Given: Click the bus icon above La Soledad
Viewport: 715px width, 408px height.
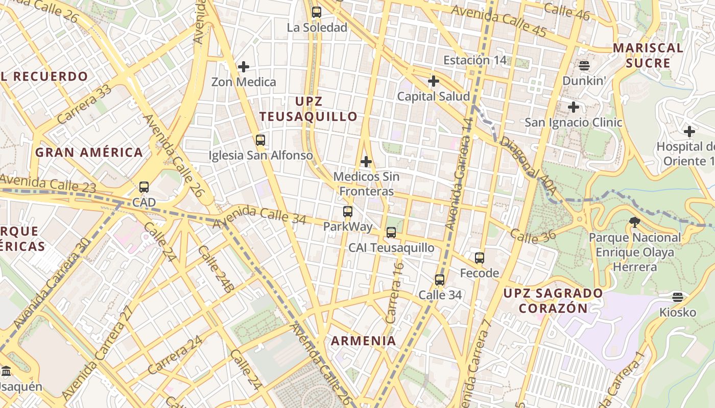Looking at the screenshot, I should click(317, 12).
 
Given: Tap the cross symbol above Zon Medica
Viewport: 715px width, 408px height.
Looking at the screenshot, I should click(244, 66).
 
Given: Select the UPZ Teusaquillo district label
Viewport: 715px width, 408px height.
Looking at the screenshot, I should click(308, 109).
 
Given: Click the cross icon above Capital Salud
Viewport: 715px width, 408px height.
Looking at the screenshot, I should click(434, 81).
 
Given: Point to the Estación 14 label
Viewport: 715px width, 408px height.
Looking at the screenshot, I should click(474, 60).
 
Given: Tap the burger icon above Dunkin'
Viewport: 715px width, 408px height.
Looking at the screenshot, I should click(584, 65).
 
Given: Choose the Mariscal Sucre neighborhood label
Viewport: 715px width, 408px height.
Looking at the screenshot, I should click(648, 55).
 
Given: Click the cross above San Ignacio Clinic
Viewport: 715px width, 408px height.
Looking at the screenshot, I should click(574, 107).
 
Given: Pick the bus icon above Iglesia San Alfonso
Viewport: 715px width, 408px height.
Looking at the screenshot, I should click(260, 140).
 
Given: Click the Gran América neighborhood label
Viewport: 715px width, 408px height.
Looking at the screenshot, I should click(89, 152).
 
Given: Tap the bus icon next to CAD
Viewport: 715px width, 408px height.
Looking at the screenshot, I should click(144, 187).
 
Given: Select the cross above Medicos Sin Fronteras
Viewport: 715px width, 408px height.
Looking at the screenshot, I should click(366, 162).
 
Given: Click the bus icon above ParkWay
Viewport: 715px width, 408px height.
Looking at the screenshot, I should click(348, 211).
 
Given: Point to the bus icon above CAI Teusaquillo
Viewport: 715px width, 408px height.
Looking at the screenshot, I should click(391, 233).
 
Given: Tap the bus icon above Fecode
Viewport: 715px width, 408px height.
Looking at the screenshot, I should click(479, 258).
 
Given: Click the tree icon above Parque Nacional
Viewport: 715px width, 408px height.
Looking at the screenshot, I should click(635, 222).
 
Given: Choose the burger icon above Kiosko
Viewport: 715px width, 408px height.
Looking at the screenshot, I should click(678, 297).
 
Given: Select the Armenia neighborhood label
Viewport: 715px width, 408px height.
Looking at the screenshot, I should click(363, 341).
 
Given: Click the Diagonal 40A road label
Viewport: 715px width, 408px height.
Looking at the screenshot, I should click(528, 165).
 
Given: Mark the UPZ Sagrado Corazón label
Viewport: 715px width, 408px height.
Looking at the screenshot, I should click(553, 300).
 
